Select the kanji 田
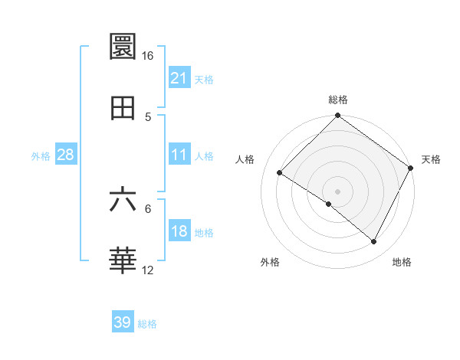tap(123, 108)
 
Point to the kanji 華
tap(123, 261)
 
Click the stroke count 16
tap(147, 56)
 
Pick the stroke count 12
tap(147, 270)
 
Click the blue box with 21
tap(179, 78)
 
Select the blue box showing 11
tap(179, 155)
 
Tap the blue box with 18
tap(179, 231)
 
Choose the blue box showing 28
tap(66, 155)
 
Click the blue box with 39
tap(123, 323)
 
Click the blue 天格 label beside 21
tap(204, 79)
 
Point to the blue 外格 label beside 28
tap(41, 155)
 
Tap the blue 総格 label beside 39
tap(147, 324)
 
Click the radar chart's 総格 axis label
tap(338, 100)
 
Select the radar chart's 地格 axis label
tap(402, 263)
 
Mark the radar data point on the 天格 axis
tap(411, 168)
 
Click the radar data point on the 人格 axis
tap(280, 173)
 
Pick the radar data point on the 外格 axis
tap(329, 204)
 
